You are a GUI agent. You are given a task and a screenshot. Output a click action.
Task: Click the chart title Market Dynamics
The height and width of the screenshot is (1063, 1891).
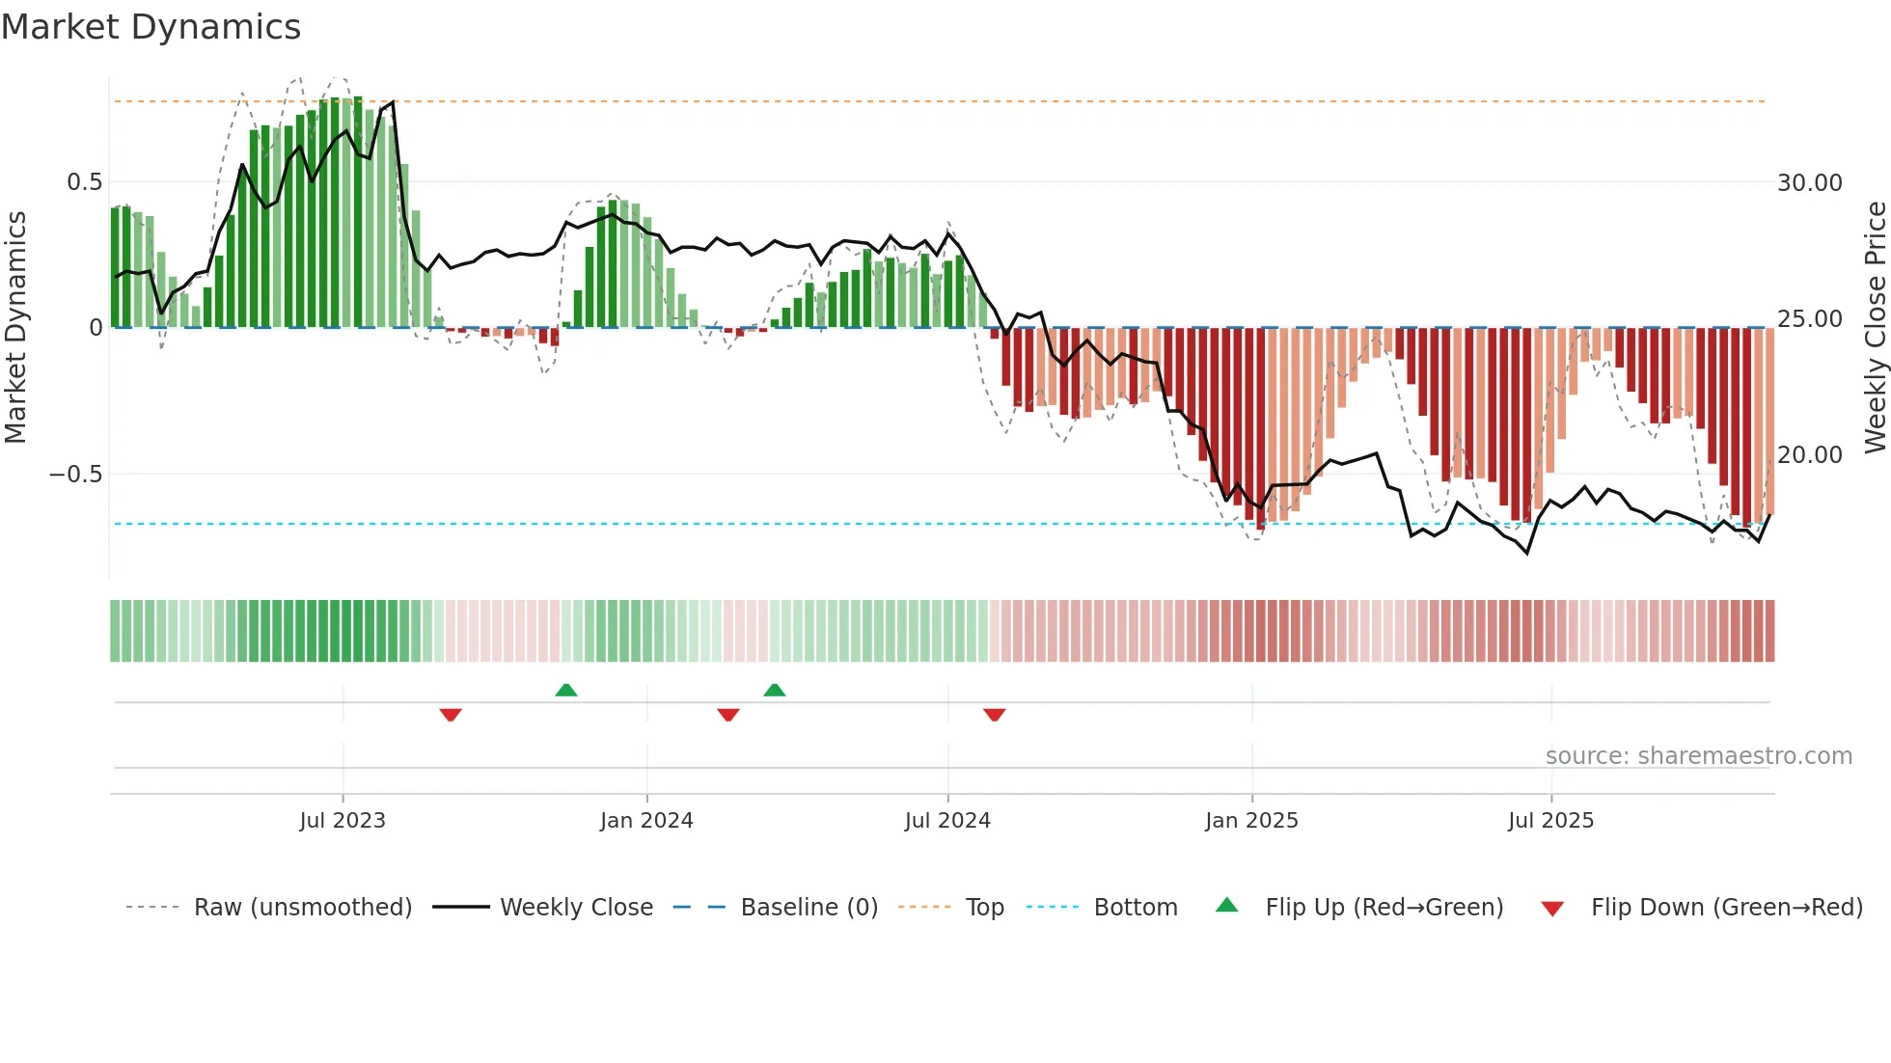(x=151, y=27)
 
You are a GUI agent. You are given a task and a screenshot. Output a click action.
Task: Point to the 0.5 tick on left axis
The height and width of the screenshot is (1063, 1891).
(x=84, y=182)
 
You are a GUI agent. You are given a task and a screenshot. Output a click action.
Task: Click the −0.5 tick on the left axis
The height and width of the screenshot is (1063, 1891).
(x=75, y=475)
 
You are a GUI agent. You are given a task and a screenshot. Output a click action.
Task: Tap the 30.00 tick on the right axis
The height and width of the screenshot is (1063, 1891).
(x=1809, y=183)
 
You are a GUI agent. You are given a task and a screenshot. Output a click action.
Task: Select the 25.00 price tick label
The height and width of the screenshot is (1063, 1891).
(x=1809, y=319)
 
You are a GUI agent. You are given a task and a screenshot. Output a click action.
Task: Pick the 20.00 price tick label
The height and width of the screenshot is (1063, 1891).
(x=1809, y=455)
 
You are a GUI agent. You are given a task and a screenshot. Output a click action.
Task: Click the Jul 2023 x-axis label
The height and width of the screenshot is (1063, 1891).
(x=343, y=821)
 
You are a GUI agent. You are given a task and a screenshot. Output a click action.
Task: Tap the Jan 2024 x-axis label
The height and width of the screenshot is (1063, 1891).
(x=646, y=821)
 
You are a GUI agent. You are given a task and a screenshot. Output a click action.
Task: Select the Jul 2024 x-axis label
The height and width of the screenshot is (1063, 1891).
(x=947, y=821)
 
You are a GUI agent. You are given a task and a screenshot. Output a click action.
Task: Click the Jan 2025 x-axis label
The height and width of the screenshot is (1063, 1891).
(x=1251, y=821)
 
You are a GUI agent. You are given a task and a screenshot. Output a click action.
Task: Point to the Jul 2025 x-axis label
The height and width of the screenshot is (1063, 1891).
(x=1550, y=821)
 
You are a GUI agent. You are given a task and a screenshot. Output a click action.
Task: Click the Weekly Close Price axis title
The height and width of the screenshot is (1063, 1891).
(x=1875, y=327)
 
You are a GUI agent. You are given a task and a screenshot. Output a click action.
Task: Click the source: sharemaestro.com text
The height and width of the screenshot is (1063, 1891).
(x=1698, y=756)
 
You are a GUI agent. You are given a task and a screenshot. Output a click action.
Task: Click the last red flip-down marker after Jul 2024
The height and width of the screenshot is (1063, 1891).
(x=994, y=715)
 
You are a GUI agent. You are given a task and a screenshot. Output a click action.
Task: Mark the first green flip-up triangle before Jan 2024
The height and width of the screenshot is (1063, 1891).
(x=566, y=690)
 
